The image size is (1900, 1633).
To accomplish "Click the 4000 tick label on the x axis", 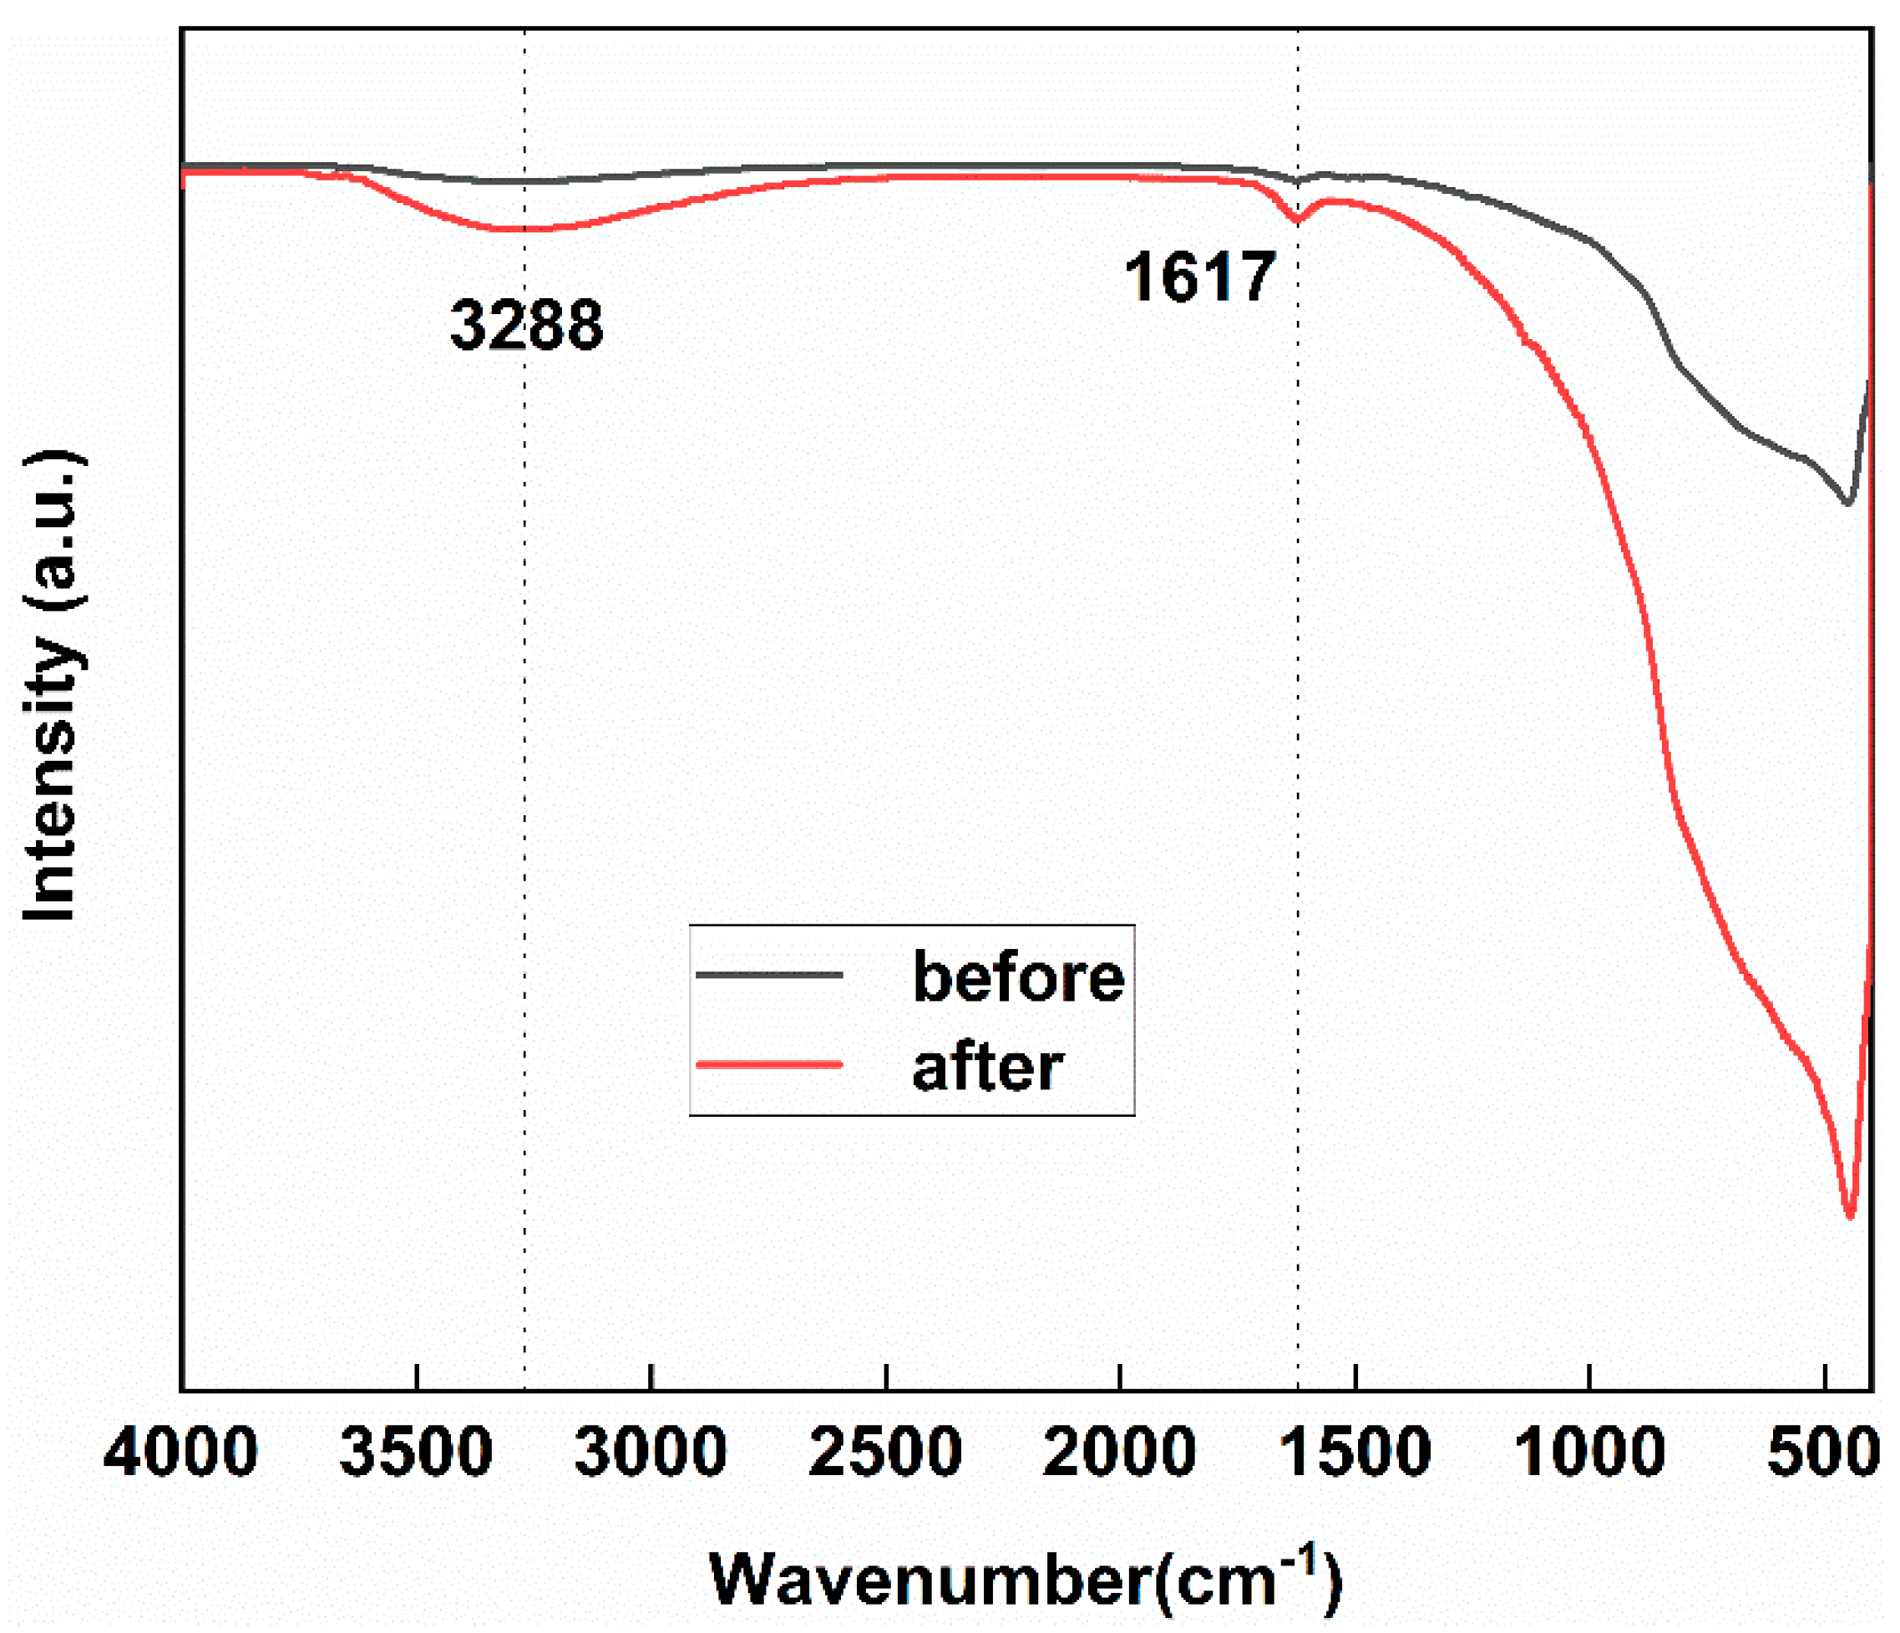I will coord(180,1453).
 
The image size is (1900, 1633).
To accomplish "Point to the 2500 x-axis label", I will coord(885,1453).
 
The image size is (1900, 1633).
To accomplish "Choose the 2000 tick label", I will coord(1119,1453).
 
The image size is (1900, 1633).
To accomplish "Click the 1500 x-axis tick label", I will coord(1355,1453).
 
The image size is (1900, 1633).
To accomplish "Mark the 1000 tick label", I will coord(1589,1453).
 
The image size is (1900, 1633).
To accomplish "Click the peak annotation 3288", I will coord(526,326).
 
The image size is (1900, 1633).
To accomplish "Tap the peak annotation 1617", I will coord(1199,277).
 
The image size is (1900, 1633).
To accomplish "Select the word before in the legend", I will coord(1018,977).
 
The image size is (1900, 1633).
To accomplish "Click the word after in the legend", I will coord(988,1068).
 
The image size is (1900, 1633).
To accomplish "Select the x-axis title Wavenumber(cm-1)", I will coord(1026,1579).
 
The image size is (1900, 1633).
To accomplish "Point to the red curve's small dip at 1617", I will coord(1298,220).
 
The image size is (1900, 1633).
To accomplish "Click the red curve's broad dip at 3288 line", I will coord(524,229).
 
